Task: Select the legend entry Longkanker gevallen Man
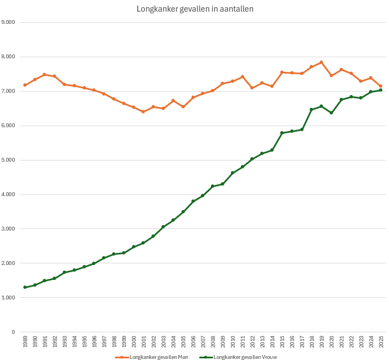[x=156, y=357]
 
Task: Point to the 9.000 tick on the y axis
[x=8, y=22]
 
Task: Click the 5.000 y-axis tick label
[x=8, y=160]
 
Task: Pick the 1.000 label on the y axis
[x=8, y=298]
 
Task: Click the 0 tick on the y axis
[x=13, y=332]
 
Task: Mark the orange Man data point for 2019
[x=321, y=62]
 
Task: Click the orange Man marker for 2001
[x=143, y=112]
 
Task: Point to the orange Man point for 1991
[x=44, y=74]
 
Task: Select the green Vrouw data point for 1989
[x=25, y=287]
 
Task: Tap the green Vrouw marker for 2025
[x=381, y=90]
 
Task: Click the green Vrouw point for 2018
[x=311, y=109]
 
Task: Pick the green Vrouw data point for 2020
[x=331, y=113]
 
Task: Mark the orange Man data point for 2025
[x=381, y=86]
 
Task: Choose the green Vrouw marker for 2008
[x=213, y=186]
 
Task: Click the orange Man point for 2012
[x=252, y=88]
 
